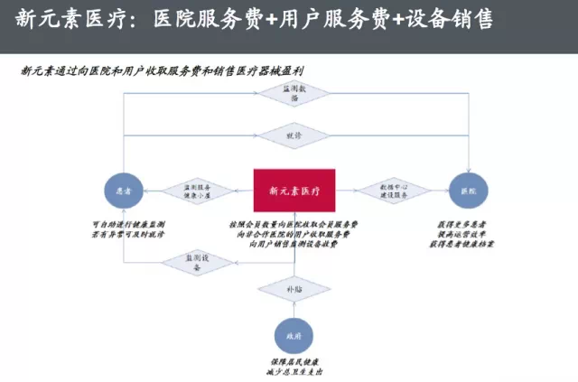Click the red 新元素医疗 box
(294, 191)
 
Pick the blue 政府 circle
(294, 335)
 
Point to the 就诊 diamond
(294, 135)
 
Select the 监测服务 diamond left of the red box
(191, 191)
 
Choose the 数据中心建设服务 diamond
(386, 191)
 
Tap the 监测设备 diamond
(191, 262)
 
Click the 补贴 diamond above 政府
(294, 290)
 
